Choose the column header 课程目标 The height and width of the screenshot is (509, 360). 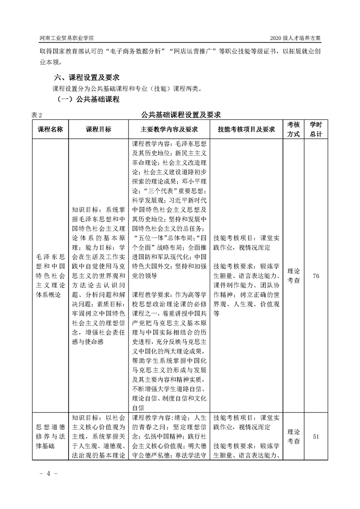click(98, 129)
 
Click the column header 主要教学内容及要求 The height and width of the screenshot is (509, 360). click(169, 129)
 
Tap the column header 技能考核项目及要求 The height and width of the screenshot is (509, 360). click(246, 129)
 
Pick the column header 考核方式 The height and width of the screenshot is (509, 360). click(293, 129)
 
